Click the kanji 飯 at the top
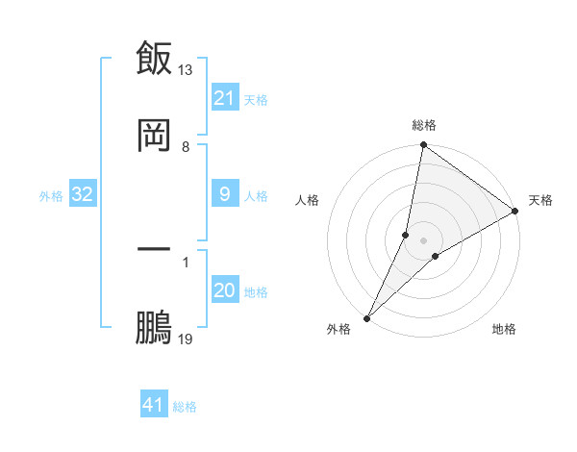154,58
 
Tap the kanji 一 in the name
154,249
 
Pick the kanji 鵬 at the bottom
154,327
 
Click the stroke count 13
186,69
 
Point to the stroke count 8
186,147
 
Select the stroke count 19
186,339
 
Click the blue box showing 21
224,98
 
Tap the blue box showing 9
224,195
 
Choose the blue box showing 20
224,291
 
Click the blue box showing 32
83,195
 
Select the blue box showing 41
154,405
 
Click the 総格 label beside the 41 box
185,407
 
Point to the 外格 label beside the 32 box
51,196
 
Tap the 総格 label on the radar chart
424,126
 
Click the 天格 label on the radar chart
540,200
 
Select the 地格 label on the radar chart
504,329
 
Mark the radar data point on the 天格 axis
515,212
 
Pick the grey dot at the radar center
424,240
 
